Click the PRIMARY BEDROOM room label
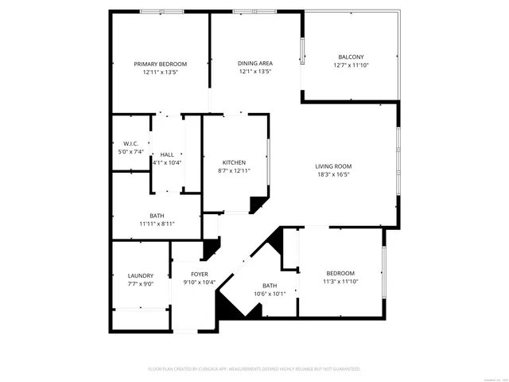160,64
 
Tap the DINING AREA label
255,63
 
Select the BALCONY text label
351,57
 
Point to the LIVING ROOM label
333,166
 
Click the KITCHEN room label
233,162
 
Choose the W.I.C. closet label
130,143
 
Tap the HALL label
167,154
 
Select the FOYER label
199,275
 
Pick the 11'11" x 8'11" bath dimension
157,224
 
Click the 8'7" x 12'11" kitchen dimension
233,170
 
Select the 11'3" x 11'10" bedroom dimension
340,281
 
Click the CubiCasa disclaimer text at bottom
254,368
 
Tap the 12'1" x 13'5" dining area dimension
255,71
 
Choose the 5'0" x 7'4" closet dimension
130,151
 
